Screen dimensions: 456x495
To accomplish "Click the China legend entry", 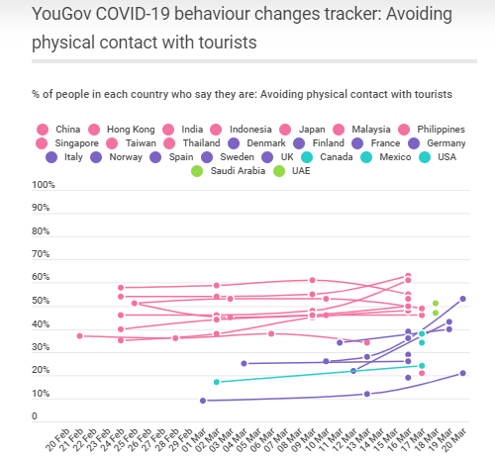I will [x=60, y=129].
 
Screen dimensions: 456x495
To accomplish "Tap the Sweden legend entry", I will [x=232, y=156].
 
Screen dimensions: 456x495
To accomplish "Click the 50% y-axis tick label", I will [x=46, y=302].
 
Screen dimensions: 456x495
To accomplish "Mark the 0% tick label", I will [x=49, y=417].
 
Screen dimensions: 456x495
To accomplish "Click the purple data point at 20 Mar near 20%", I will [x=463, y=373].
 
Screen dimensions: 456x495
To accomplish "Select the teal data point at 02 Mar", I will [x=217, y=382].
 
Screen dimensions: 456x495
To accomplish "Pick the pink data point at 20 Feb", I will [x=80, y=335].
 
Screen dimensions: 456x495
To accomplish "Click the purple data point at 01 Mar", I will [x=203, y=401].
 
